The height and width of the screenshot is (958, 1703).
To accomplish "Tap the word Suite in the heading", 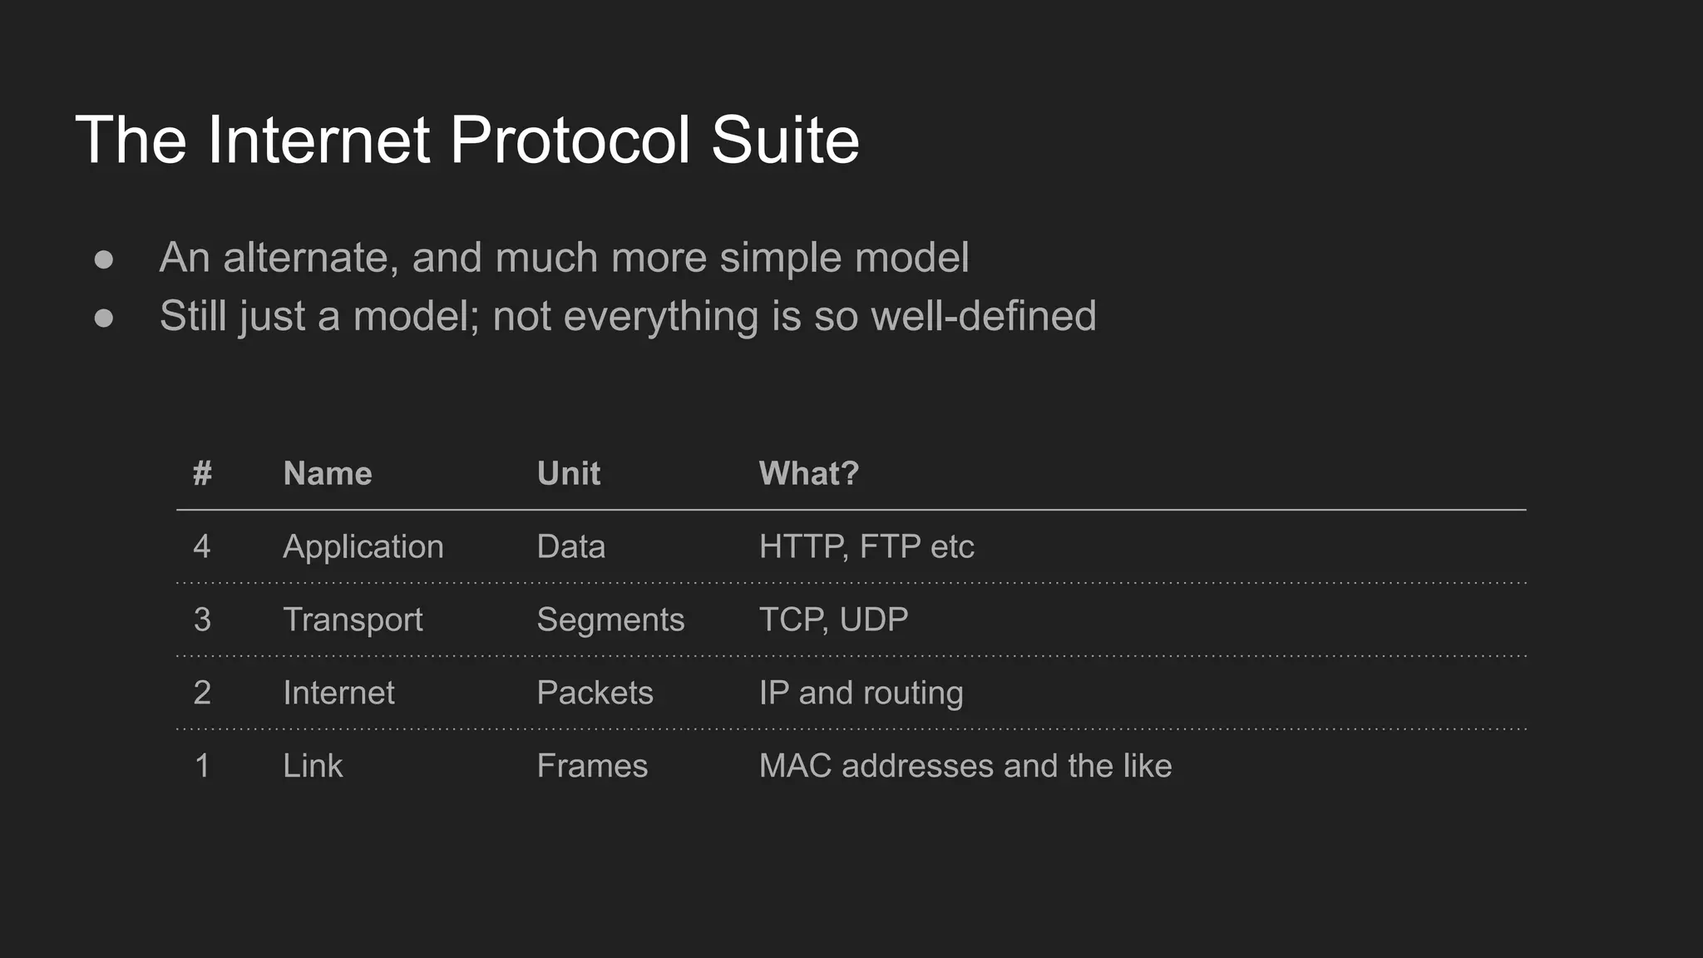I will pyautogui.click(x=785, y=140).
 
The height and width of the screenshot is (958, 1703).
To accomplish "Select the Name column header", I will pyautogui.click(x=328, y=473).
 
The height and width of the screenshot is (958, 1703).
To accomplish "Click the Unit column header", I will pyautogui.click(x=569, y=473).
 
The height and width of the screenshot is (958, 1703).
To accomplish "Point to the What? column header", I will pyautogui.click(x=808, y=473).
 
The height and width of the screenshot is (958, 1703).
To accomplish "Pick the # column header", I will pyautogui.click(x=202, y=473).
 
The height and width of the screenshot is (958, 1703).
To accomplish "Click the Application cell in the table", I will pyautogui.click(x=363, y=546).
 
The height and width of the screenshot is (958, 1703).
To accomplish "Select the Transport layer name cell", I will pyautogui.click(x=353, y=620).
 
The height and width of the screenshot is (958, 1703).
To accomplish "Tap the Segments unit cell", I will pyautogui.click(x=610, y=620).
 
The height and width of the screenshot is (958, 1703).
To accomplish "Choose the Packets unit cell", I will pyautogui.click(x=595, y=693).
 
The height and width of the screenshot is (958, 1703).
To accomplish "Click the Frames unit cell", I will pyautogui.click(x=592, y=766).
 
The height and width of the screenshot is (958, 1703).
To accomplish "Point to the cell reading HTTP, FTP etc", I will pyautogui.click(x=866, y=546).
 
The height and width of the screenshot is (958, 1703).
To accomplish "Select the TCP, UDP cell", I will pyautogui.click(x=833, y=620).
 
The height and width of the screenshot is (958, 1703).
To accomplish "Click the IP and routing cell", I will pyautogui.click(x=861, y=693).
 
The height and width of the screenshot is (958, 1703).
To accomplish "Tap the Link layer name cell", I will pyautogui.click(x=313, y=766).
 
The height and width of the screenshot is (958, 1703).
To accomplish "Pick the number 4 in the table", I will pyautogui.click(x=202, y=546).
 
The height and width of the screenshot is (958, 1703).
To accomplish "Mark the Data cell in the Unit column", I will pyautogui.click(x=571, y=546).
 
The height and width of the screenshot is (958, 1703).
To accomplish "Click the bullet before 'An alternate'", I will pyautogui.click(x=104, y=259).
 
